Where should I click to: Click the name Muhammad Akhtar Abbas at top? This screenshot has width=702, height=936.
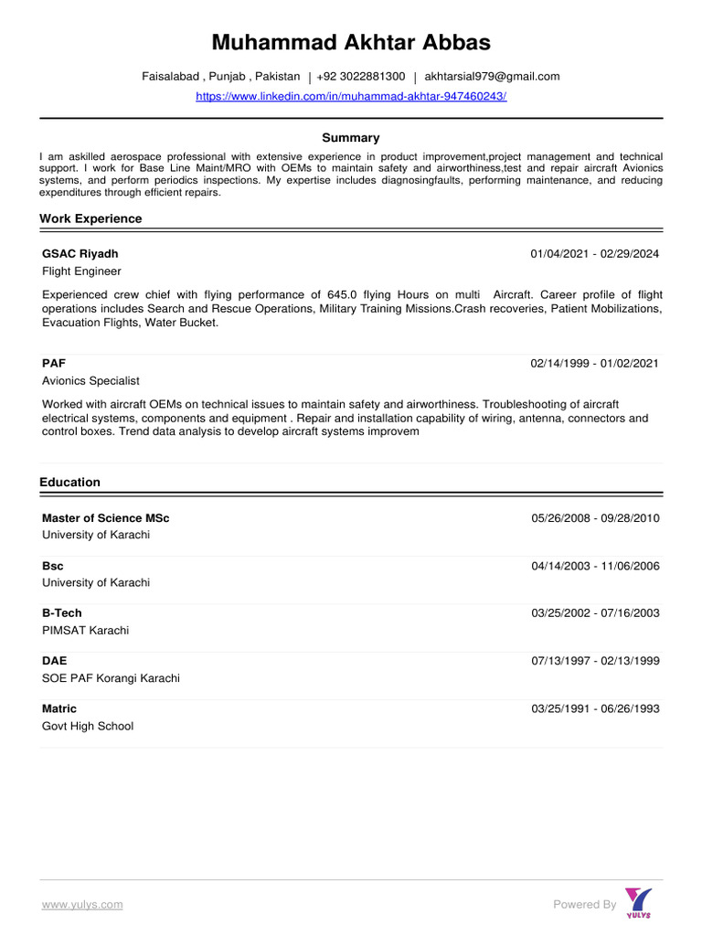coord(351,42)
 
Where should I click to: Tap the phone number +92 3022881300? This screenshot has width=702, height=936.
coord(360,77)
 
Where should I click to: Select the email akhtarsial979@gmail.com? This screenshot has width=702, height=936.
coord(492,77)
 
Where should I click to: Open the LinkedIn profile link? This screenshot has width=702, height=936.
coord(351,96)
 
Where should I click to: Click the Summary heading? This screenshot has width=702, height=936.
coord(351,138)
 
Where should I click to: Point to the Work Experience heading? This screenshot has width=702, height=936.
coord(90,219)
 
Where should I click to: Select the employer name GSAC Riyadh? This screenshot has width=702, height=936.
coord(80,253)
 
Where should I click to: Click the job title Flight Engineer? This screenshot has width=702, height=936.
coord(81,271)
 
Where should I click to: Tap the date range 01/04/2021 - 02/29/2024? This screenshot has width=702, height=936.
coord(594,253)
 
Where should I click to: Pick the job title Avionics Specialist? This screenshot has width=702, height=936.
coord(90,380)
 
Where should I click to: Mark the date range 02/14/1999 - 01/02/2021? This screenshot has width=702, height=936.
coord(594,363)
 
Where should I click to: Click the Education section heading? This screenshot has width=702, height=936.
coord(69,483)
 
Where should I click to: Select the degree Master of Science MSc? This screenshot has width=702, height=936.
coord(105,518)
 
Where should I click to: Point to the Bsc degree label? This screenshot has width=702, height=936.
coord(52,566)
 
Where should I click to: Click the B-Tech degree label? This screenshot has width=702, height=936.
coord(61,613)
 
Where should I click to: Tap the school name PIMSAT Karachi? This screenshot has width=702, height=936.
coord(85,631)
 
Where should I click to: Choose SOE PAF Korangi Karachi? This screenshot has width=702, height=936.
coord(111,678)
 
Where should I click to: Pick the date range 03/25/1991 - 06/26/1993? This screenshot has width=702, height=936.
coord(595,708)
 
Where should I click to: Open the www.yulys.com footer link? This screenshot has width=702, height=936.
coord(81,905)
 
